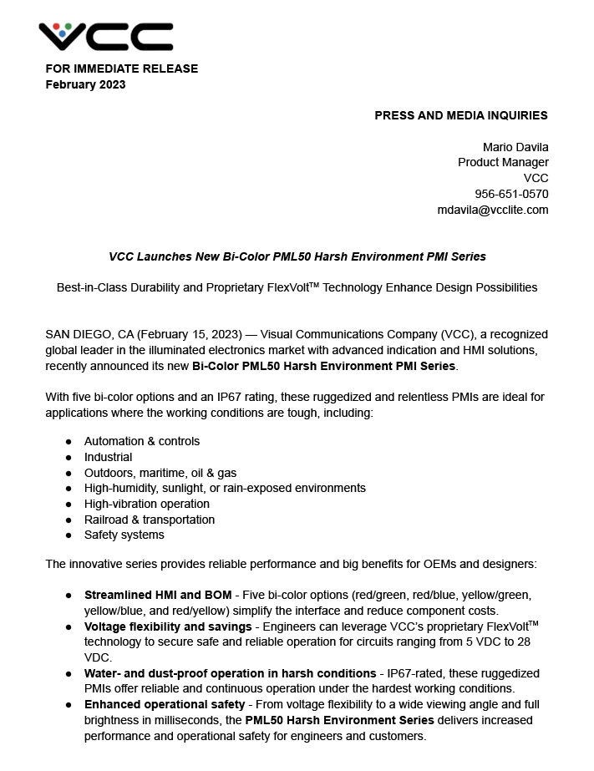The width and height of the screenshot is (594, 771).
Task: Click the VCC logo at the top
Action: (x=105, y=36)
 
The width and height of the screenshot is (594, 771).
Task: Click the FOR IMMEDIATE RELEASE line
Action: (x=121, y=68)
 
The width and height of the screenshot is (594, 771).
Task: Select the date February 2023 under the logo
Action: (x=85, y=84)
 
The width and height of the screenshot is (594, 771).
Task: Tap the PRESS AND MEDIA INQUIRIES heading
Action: (x=460, y=115)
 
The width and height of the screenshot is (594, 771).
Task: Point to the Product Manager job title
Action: (x=503, y=162)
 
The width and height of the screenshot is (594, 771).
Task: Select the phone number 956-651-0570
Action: (x=511, y=194)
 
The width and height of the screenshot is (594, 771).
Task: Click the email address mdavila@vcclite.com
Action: (x=493, y=210)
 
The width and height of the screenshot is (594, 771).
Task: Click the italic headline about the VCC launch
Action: (x=297, y=256)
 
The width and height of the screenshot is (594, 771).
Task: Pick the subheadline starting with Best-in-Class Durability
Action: (x=297, y=287)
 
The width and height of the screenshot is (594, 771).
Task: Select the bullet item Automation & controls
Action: (x=142, y=441)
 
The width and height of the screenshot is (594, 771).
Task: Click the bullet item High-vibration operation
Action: (x=147, y=504)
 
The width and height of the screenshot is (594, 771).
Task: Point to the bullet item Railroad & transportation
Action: (x=150, y=520)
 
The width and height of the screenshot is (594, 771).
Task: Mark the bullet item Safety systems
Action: (x=124, y=535)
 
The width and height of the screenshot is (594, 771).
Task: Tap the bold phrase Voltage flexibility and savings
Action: (x=168, y=626)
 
